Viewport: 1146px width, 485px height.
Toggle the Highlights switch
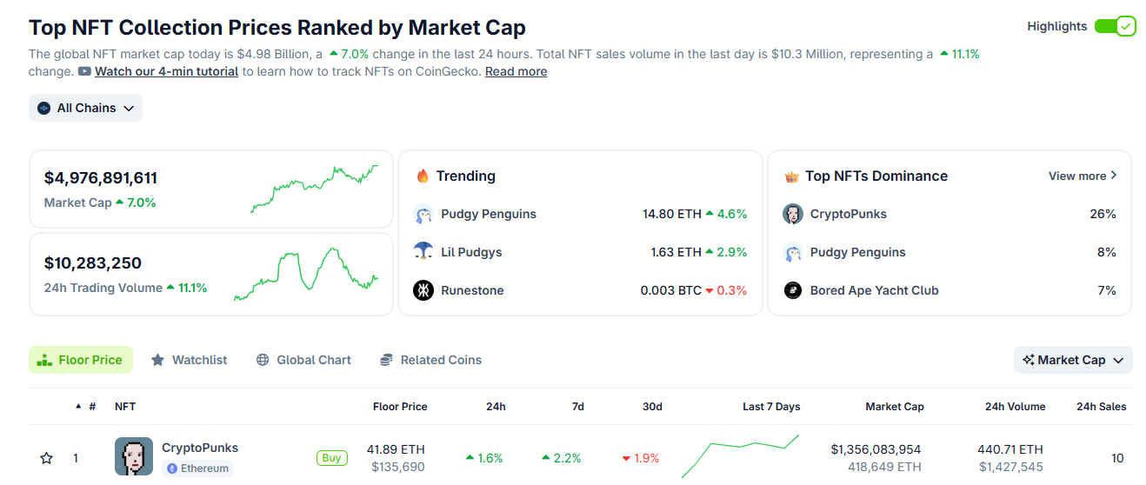click(1115, 26)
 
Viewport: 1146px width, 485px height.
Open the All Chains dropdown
click(85, 108)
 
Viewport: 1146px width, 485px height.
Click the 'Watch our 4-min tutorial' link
click(166, 71)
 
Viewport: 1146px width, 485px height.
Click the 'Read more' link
click(516, 71)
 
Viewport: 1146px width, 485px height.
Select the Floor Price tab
click(81, 360)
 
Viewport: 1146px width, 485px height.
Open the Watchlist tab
click(190, 360)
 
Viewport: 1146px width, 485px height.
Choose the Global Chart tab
click(303, 360)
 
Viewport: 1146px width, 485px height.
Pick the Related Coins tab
click(430, 360)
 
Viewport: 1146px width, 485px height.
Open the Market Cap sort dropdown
click(1073, 360)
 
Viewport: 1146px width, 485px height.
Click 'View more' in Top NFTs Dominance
click(1083, 176)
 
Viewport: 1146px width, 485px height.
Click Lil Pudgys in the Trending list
click(471, 252)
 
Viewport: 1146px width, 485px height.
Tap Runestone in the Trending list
click(472, 290)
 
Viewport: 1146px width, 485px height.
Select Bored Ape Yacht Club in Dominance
click(874, 290)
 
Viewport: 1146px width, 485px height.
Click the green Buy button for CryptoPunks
click(331, 458)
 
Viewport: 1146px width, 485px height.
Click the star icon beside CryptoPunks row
click(47, 458)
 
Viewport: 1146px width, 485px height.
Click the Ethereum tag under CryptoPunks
click(197, 468)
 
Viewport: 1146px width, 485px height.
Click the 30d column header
click(652, 407)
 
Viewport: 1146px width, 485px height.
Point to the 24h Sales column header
click(1101, 407)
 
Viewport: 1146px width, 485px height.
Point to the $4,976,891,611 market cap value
click(101, 178)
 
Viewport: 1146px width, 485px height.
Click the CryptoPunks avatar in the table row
click(134, 456)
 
